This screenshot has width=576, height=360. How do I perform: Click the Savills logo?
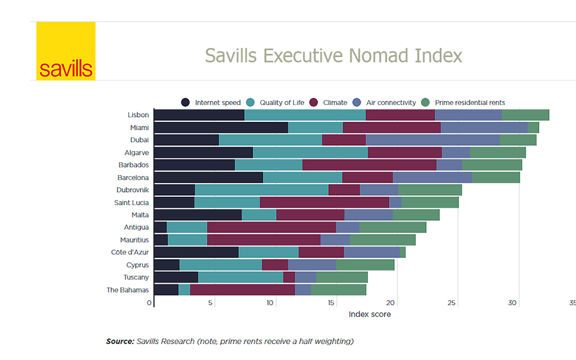pyautogui.click(x=66, y=51)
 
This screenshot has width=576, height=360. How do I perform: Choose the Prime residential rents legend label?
pyautogui.click(x=470, y=103)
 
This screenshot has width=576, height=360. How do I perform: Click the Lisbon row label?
pyautogui.click(x=138, y=115)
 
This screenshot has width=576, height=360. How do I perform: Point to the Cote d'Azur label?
pyautogui.click(x=130, y=253)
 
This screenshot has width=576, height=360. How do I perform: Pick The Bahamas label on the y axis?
pyautogui.click(x=128, y=290)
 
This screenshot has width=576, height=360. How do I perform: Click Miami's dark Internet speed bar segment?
pyautogui.click(x=221, y=128)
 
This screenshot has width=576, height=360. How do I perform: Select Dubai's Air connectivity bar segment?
pyautogui.click(x=433, y=140)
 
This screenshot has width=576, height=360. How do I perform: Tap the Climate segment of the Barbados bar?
pyautogui.click(x=370, y=165)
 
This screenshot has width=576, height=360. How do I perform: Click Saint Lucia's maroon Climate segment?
pyautogui.click(x=325, y=203)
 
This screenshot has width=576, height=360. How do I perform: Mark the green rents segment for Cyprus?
pyautogui.click(x=365, y=265)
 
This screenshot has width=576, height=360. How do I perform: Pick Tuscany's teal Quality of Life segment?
pyautogui.click(x=241, y=277)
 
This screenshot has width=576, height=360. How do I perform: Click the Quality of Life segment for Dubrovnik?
pyautogui.click(x=262, y=190)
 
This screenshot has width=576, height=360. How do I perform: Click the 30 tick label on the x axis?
pyautogui.click(x=512, y=303)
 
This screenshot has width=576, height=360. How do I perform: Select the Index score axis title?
pyautogui.click(x=370, y=315)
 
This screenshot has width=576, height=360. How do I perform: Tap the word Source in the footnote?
pyautogui.click(x=120, y=341)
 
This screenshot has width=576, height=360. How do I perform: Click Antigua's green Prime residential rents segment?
pyautogui.click(x=392, y=227)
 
